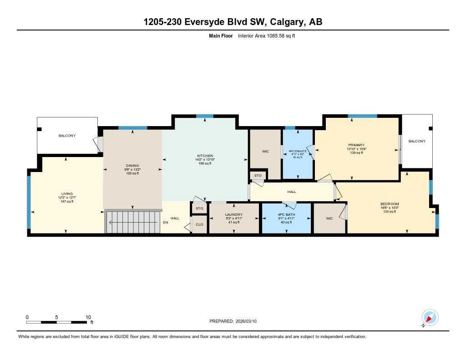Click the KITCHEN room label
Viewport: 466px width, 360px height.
204,156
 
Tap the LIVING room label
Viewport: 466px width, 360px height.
66,193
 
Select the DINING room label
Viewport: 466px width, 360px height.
132,166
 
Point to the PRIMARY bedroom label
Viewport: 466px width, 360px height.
356,145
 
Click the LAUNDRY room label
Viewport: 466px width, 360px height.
233,214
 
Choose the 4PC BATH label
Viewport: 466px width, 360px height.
286,214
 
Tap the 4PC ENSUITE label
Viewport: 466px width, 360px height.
297,151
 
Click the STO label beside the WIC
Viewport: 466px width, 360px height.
258,175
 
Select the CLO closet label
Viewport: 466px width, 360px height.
199,224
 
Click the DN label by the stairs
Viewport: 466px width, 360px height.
165,222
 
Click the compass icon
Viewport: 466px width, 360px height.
430,317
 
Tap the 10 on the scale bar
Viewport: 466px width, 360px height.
88,317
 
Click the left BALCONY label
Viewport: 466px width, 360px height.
67,136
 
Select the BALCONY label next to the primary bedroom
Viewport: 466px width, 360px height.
417,141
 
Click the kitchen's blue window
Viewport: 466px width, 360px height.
205,116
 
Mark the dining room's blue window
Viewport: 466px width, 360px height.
132,128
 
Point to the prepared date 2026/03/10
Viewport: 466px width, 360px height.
248,321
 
